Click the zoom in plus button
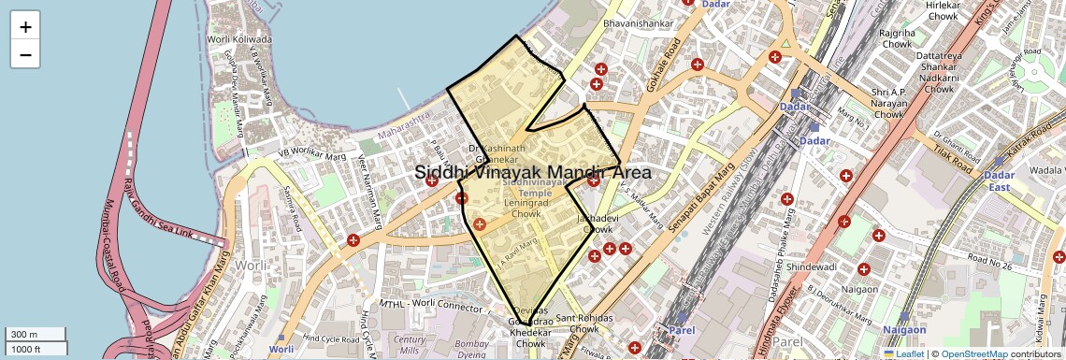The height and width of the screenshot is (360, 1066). click(x=25, y=27)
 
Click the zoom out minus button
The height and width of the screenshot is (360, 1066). click(x=25, y=54)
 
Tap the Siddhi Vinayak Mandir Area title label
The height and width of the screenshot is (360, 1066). click(x=532, y=173)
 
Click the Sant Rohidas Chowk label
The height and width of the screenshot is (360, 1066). click(x=584, y=324)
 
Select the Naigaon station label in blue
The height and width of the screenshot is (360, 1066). click(x=904, y=329)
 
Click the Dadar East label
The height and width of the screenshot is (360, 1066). click(x=1000, y=180)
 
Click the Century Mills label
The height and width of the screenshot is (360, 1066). click(x=410, y=345)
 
